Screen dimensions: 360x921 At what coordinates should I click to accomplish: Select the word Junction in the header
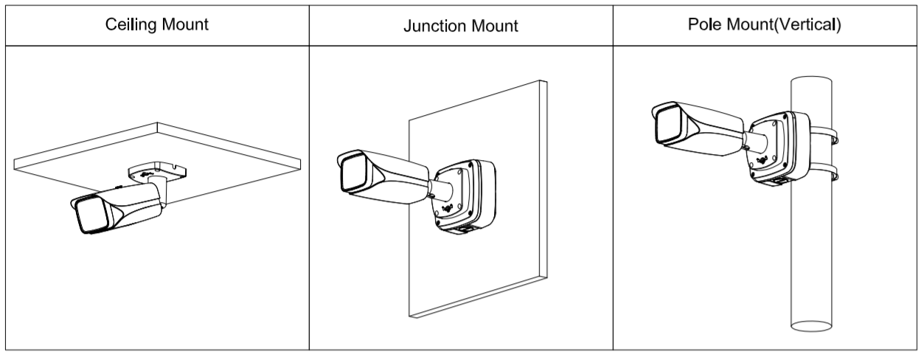click(x=429, y=26)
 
